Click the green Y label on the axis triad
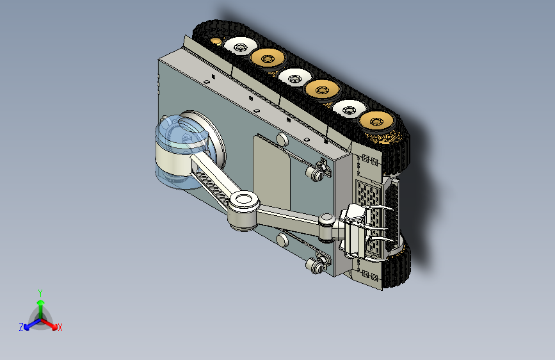click(40, 293)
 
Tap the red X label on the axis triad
click(60, 327)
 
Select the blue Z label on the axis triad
click(21, 327)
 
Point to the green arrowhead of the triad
click(41, 303)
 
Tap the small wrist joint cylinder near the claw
click(326, 227)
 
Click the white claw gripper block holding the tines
click(355, 231)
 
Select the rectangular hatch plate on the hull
click(272, 173)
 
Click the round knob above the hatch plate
click(282, 139)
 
